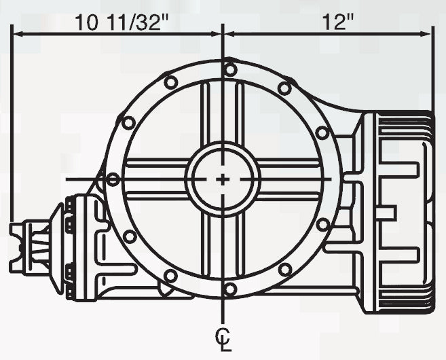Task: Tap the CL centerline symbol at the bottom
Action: pos(223,337)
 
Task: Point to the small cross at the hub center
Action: pos(223,179)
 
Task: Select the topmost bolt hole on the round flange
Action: pos(230,69)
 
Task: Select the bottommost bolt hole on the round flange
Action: pos(230,289)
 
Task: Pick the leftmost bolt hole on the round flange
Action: pos(113,179)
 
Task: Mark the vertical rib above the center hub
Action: pos(223,112)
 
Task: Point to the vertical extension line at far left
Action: pos(12,136)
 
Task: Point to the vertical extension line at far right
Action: pos(432,75)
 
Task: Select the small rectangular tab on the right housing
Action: pos(385,212)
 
